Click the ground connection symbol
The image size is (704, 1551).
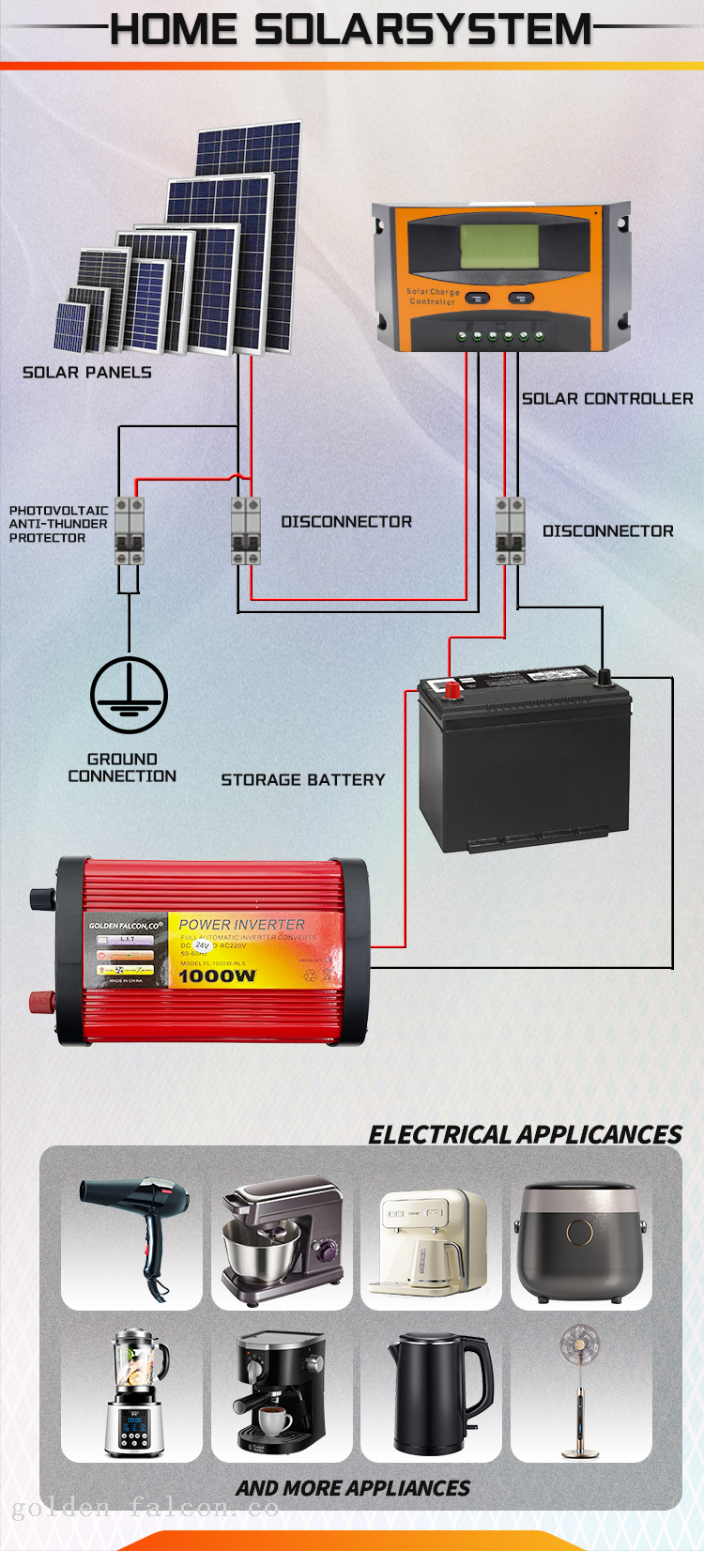click(129, 696)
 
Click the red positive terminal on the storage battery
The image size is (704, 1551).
click(452, 690)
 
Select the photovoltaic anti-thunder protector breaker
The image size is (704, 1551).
click(130, 530)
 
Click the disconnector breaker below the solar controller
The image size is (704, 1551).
click(510, 530)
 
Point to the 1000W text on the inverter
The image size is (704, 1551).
click(217, 976)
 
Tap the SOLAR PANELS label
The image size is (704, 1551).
click(86, 373)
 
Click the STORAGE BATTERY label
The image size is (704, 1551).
click(302, 780)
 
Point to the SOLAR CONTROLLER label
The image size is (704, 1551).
click(607, 399)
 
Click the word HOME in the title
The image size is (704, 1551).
click(173, 30)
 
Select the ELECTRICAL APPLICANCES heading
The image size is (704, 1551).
click(525, 1135)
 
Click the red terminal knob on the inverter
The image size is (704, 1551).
click(40, 1001)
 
